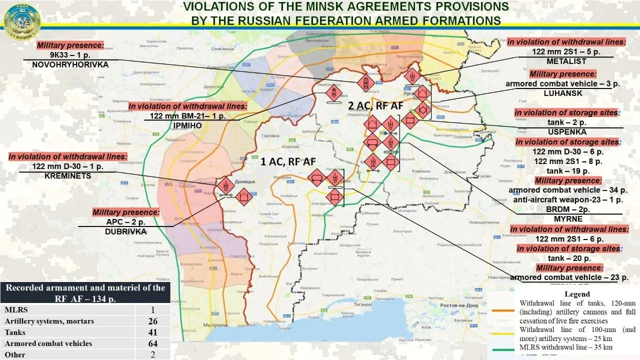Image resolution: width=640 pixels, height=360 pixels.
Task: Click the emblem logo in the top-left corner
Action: (21, 21)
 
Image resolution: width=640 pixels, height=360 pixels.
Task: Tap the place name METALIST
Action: (566, 61)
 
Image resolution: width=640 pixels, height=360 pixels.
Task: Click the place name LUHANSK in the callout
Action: (566, 93)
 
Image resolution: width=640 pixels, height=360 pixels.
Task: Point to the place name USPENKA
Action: (566, 132)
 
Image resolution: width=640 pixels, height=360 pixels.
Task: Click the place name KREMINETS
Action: (68, 176)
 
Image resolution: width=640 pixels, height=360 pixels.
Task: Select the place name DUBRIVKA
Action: (126, 231)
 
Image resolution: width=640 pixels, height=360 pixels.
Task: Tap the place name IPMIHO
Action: (188, 125)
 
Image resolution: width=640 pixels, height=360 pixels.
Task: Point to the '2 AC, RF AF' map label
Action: (376, 106)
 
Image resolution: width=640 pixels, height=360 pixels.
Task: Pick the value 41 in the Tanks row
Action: (152, 332)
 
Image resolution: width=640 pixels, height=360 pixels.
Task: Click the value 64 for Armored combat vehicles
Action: (152, 343)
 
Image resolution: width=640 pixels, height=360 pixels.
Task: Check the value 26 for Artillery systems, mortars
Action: (152, 321)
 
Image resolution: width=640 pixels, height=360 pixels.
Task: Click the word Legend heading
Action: (577, 294)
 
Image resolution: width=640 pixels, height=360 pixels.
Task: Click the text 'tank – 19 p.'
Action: (566, 170)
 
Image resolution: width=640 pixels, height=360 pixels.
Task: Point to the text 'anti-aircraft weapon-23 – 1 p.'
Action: (566, 199)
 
